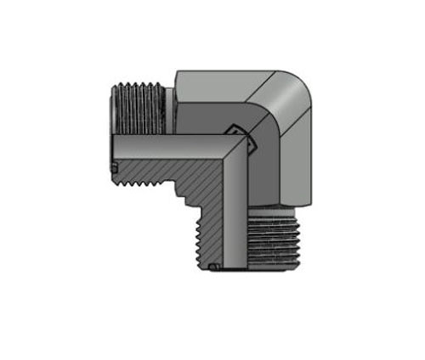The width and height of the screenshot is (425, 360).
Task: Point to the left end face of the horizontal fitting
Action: (x=114, y=127)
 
